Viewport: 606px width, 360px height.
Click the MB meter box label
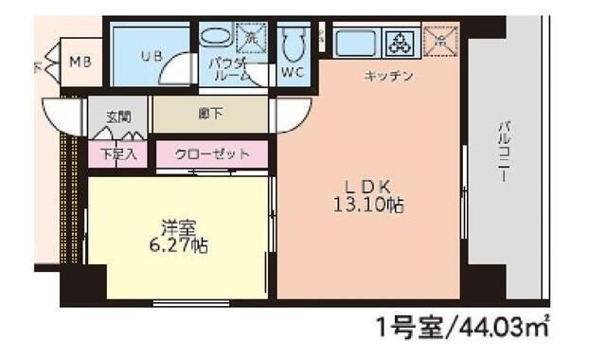tap(81, 63)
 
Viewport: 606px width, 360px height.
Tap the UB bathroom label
tap(151, 56)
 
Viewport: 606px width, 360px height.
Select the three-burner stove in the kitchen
tap(400, 43)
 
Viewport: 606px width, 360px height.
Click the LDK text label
tap(367, 186)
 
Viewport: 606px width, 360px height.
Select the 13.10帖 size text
tap(368, 204)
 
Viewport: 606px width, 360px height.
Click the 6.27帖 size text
tap(178, 244)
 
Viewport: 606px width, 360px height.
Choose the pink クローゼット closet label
tap(212, 153)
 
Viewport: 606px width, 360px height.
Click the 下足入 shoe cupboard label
tap(117, 153)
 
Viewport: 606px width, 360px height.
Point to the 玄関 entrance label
tap(117, 117)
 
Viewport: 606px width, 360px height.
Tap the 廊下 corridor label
tap(209, 116)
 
